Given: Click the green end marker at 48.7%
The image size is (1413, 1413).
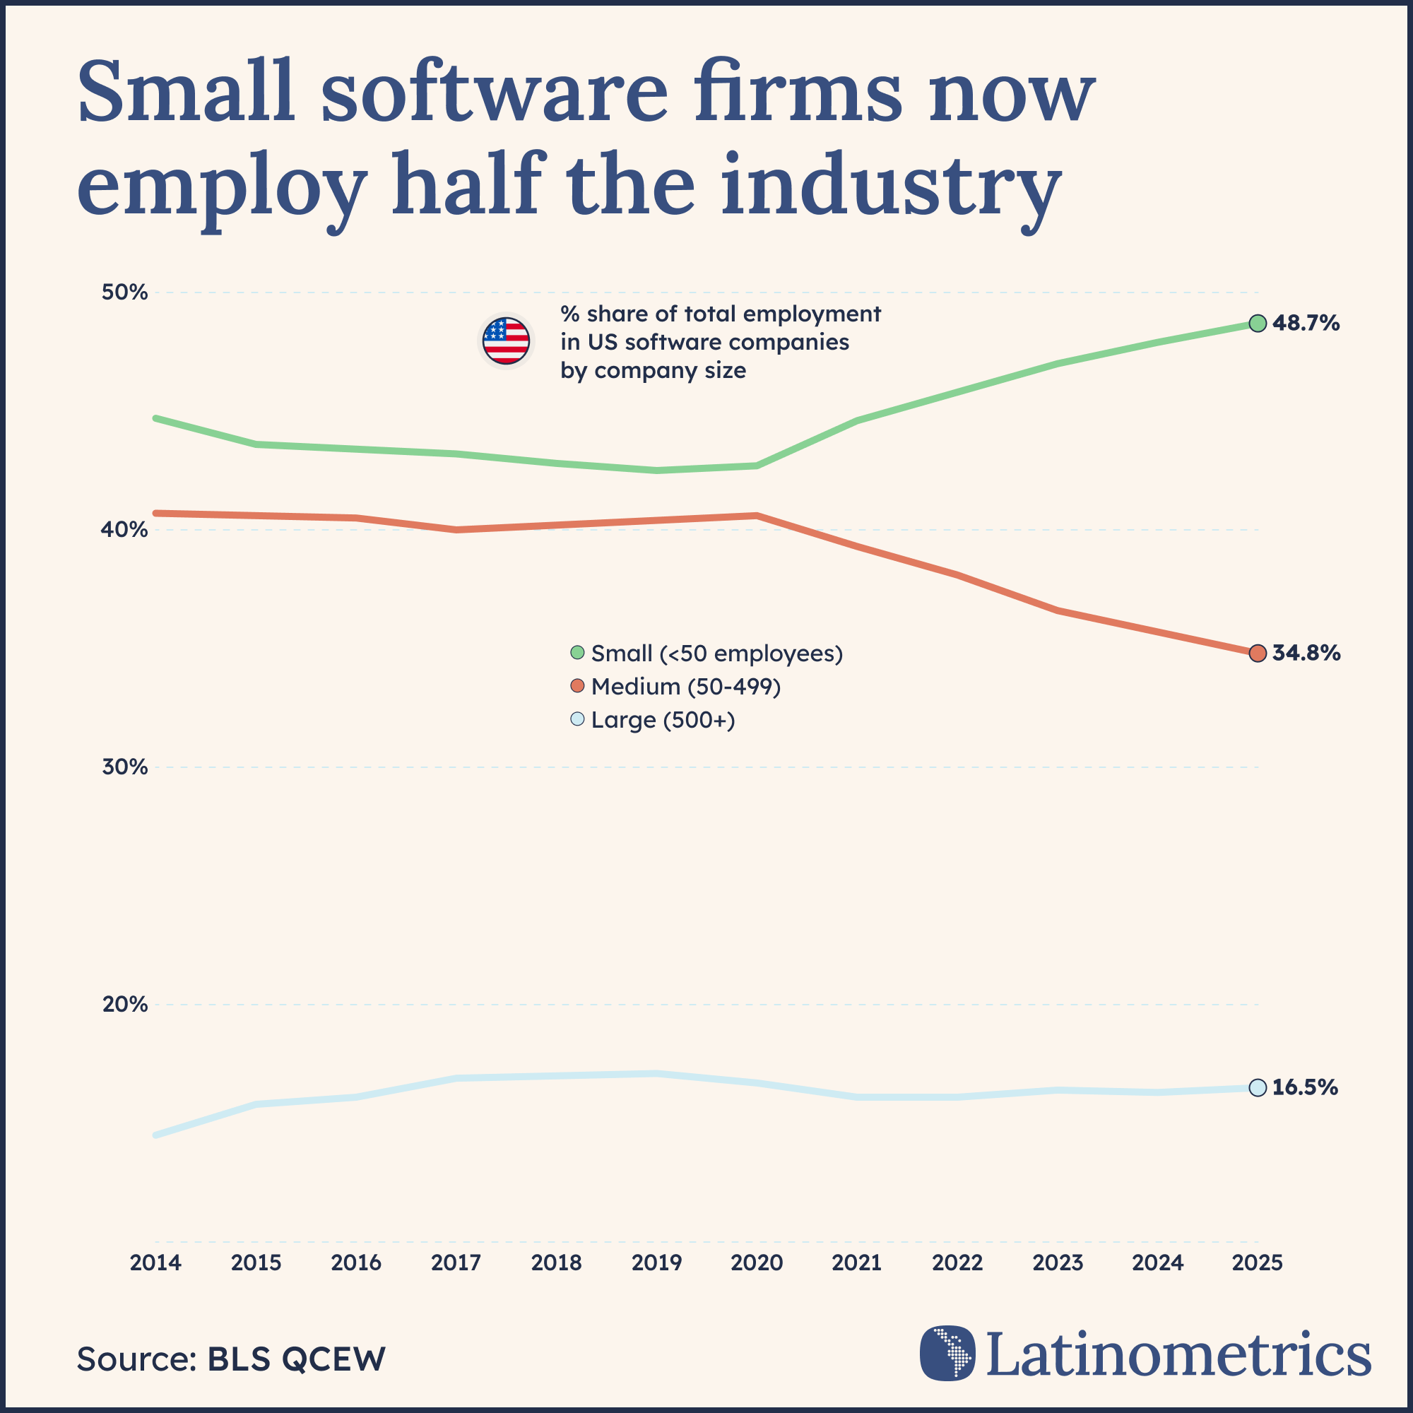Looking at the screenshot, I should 1258,324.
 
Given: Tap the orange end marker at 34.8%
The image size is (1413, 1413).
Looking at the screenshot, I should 1258,653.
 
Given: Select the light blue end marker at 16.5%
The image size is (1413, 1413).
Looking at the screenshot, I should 1258,1087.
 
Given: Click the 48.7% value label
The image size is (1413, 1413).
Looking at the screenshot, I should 1306,324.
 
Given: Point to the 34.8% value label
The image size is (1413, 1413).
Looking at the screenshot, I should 1306,653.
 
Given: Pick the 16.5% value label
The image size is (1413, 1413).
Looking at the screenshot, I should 1305,1087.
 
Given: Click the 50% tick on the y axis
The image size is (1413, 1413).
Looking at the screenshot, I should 124,292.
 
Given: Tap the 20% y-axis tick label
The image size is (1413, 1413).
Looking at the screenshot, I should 124,1004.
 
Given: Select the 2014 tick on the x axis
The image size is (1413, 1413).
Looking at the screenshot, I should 155,1263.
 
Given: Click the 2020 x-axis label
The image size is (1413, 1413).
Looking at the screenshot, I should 757,1263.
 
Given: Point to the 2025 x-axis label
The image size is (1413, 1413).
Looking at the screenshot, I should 1258,1263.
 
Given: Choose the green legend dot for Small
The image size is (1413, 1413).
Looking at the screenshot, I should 578,652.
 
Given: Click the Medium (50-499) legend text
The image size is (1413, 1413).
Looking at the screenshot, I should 686,687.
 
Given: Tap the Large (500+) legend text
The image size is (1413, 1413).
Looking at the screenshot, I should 663,721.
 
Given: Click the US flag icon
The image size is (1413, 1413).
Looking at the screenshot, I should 506,341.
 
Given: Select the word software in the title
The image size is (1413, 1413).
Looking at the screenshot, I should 495,93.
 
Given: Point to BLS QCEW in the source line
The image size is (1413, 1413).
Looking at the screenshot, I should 296,1359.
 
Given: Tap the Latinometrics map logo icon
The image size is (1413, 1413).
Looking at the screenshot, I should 947,1353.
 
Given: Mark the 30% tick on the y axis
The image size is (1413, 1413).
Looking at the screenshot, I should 124,767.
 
